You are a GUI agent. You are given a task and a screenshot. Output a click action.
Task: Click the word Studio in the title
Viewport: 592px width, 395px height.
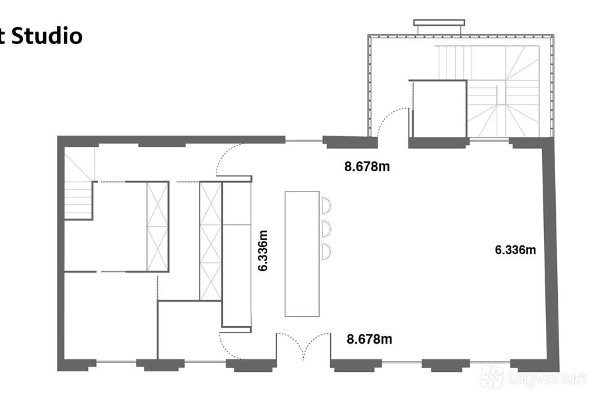[x=47, y=36]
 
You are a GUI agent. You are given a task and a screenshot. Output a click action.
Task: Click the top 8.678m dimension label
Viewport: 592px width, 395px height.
[x=367, y=167]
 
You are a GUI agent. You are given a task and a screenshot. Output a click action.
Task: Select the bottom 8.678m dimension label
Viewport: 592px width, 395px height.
[x=369, y=339]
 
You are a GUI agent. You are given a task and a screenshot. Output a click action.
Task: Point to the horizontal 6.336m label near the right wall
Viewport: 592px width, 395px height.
[x=515, y=250]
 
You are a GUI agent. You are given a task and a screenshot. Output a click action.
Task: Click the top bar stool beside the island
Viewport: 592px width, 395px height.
[x=326, y=205]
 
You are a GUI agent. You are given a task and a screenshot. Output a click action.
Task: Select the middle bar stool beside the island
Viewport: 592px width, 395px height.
[x=326, y=228]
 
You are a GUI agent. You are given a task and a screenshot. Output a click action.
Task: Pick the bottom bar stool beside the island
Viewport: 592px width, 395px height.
[x=326, y=251]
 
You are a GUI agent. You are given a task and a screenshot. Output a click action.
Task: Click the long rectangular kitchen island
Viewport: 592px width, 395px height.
[x=302, y=253]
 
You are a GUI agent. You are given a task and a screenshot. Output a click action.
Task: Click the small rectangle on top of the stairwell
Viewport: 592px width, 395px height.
[x=439, y=22]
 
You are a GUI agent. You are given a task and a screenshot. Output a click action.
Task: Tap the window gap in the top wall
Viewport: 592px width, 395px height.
[x=303, y=142]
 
